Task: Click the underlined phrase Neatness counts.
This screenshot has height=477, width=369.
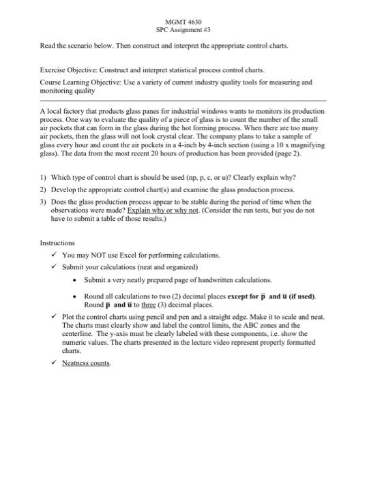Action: coord(85,363)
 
